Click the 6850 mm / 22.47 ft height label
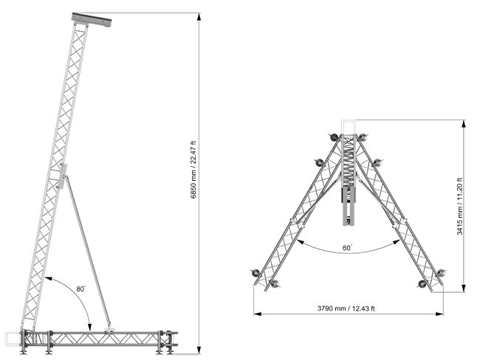(193, 170)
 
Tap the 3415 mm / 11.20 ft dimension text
(460, 207)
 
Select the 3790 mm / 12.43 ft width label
(346, 308)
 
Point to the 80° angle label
(81, 288)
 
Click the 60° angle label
(347, 248)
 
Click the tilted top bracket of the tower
(92, 20)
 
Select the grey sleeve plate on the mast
(63, 176)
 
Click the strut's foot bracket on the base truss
(109, 330)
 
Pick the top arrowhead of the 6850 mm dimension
(199, 16)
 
